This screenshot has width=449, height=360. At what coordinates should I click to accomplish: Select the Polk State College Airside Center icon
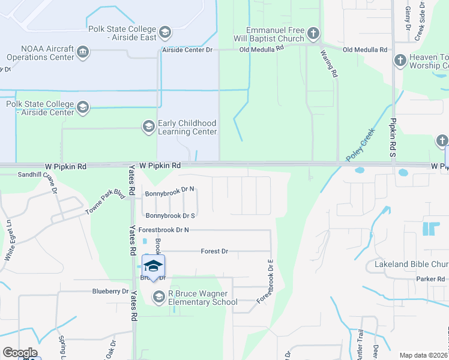82,108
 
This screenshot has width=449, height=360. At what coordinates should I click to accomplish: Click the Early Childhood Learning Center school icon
148,127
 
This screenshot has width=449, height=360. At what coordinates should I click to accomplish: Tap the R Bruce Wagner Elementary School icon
159,297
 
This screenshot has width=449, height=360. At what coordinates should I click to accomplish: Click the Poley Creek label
360,145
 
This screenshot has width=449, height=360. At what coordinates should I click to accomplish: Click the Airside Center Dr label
188,50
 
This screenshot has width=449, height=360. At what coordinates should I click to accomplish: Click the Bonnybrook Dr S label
170,215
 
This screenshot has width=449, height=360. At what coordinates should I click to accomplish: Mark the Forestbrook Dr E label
265,281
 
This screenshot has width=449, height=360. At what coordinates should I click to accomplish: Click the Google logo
20,353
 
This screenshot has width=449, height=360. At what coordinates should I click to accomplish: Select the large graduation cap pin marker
153,266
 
